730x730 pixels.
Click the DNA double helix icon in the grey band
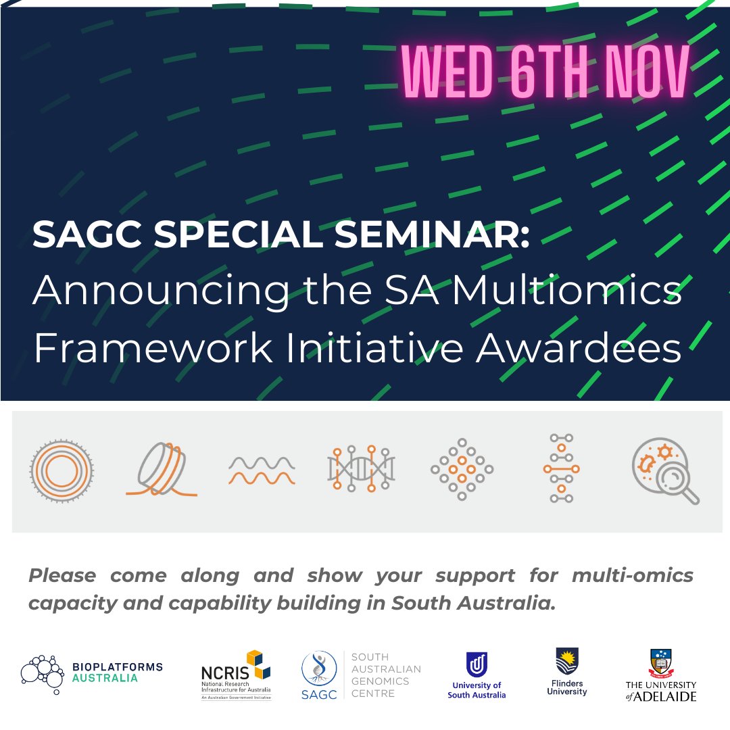(x=361, y=468)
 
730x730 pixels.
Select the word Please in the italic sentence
(x=62, y=576)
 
